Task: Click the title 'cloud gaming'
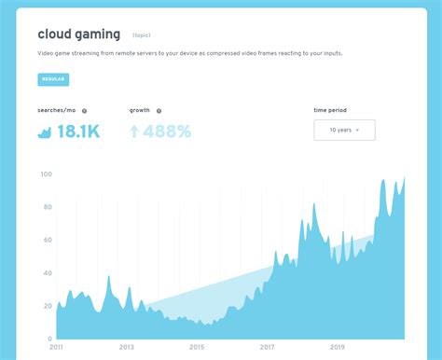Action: [78, 35]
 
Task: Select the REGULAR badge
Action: [53, 79]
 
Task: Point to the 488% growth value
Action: [167, 132]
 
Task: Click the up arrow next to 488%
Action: [134, 132]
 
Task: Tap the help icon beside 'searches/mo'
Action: [85, 111]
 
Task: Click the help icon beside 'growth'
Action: [159, 111]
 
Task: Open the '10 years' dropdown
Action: [344, 130]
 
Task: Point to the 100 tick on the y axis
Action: [46, 174]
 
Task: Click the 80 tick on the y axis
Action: [48, 207]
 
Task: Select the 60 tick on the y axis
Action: [48, 240]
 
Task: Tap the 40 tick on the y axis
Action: [48, 272]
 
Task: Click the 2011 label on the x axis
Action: [56, 347]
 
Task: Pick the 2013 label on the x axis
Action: [126, 347]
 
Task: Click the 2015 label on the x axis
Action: [197, 347]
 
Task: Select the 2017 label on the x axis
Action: [267, 347]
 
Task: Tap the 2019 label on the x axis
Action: [338, 347]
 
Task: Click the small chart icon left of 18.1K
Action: [44, 132]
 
